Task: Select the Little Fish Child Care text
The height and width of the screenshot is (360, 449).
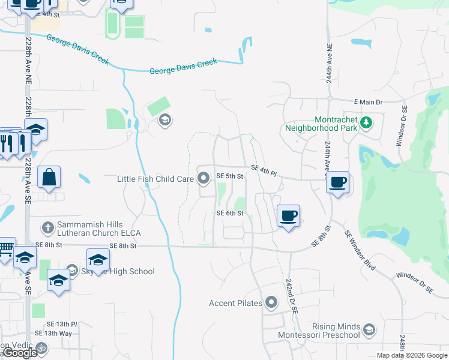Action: click(156, 178)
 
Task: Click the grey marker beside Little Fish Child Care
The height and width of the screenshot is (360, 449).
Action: click(203, 178)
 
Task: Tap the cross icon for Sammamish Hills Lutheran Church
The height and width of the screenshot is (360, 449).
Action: click(48, 228)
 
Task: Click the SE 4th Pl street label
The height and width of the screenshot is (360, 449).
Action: click(264, 170)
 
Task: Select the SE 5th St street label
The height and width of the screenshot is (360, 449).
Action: click(229, 176)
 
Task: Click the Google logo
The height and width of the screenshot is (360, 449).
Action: click(20, 353)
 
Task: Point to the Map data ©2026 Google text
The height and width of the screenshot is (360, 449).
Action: click(412, 355)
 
